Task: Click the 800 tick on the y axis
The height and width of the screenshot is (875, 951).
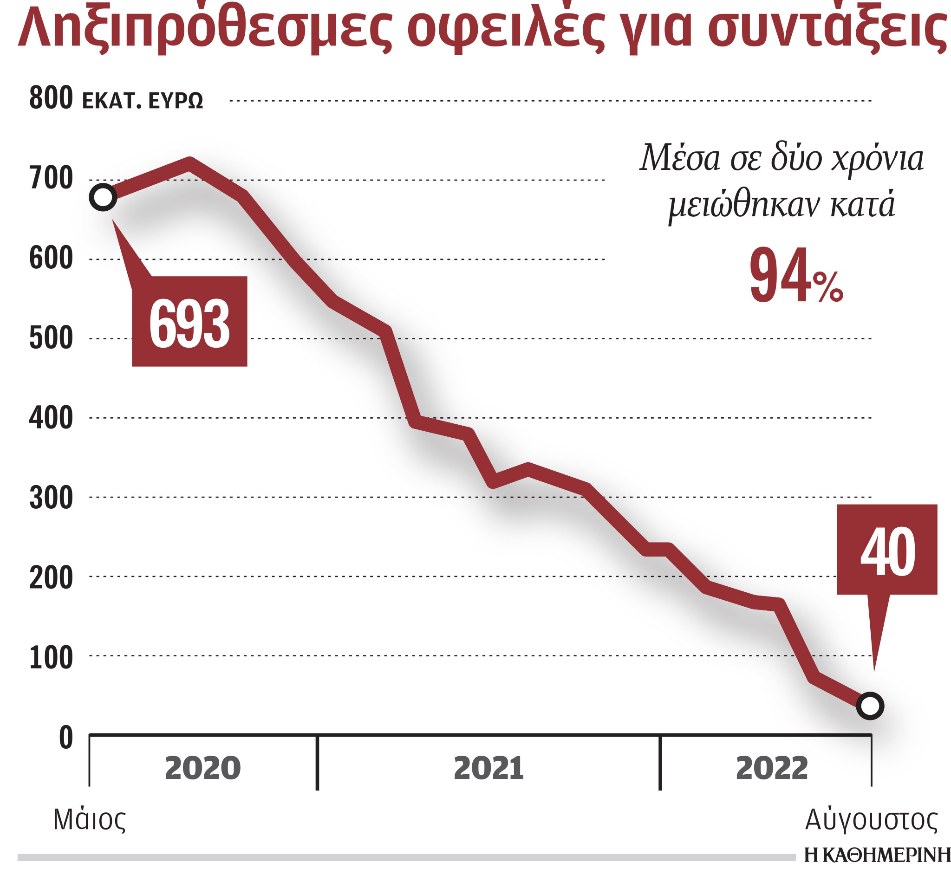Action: tap(51, 98)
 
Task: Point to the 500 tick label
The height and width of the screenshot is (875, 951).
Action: tap(51, 338)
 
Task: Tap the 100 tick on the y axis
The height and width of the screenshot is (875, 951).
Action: tap(51, 658)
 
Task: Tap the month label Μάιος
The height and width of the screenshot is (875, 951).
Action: tap(90, 820)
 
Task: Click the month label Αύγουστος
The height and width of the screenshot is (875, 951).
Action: tap(871, 820)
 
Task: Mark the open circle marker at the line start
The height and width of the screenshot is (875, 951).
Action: tap(103, 197)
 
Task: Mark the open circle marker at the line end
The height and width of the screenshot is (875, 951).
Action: tap(870, 706)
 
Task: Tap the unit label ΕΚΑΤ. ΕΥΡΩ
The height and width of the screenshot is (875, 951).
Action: tap(143, 101)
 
